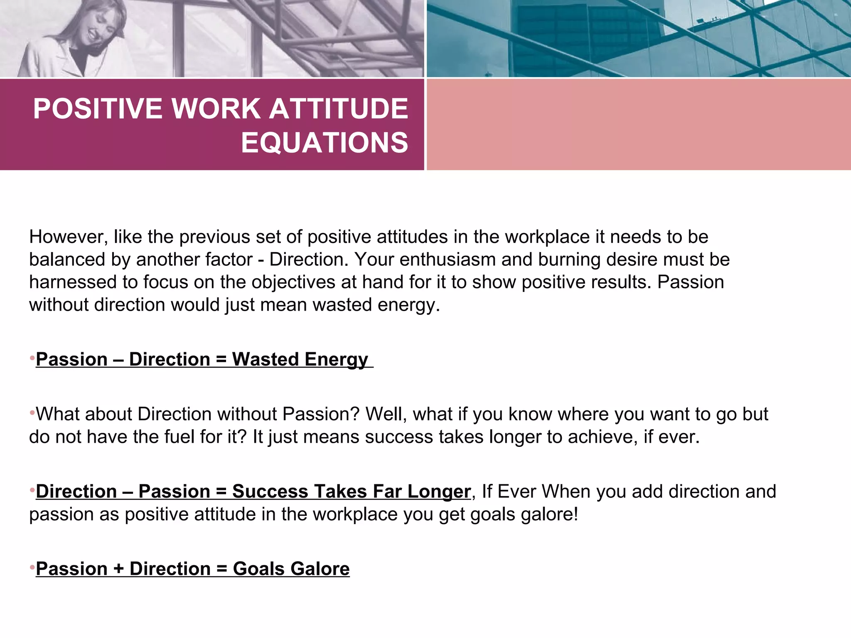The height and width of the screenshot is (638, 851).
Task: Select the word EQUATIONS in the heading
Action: tap(325, 142)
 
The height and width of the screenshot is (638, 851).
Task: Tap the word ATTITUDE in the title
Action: tap(339, 109)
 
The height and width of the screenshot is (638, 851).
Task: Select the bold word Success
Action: tap(270, 492)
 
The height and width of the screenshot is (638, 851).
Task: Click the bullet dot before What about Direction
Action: tap(32, 413)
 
